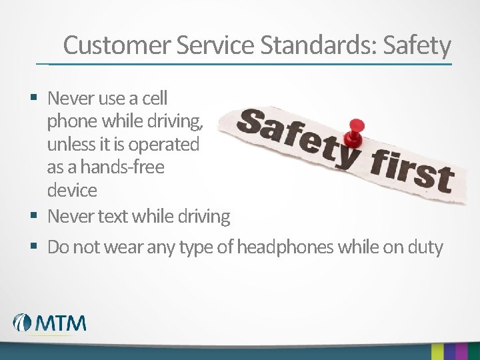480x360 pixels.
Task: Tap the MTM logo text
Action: tap(61, 323)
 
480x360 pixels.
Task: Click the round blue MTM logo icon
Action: tap(23, 323)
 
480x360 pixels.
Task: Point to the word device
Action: tap(72, 191)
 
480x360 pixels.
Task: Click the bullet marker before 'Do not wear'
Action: tap(33, 247)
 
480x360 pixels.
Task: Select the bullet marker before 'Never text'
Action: tap(33, 216)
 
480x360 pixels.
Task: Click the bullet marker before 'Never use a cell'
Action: tap(33, 99)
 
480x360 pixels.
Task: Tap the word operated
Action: tap(164, 145)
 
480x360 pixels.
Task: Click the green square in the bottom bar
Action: tap(438, 351)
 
